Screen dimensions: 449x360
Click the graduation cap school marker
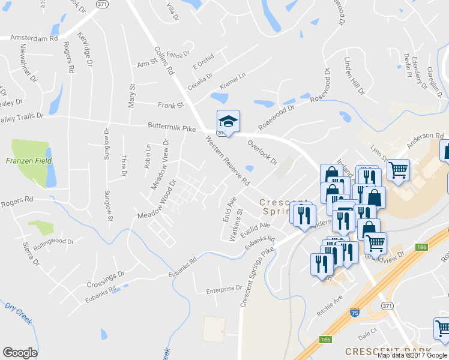(x=228, y=121)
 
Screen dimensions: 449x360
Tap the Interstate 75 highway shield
(x=355, y=313)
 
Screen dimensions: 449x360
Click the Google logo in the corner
(x=20, y=353)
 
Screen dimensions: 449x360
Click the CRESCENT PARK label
(x=388, y=350)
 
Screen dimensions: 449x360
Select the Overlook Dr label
(x=262, y=152)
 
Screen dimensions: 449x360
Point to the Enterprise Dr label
(x=223, y=289)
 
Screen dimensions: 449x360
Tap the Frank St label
(x=170, y=106)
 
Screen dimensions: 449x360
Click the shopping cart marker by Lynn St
(x=398, y=170)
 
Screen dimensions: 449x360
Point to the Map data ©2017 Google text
(x=412, y=355)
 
